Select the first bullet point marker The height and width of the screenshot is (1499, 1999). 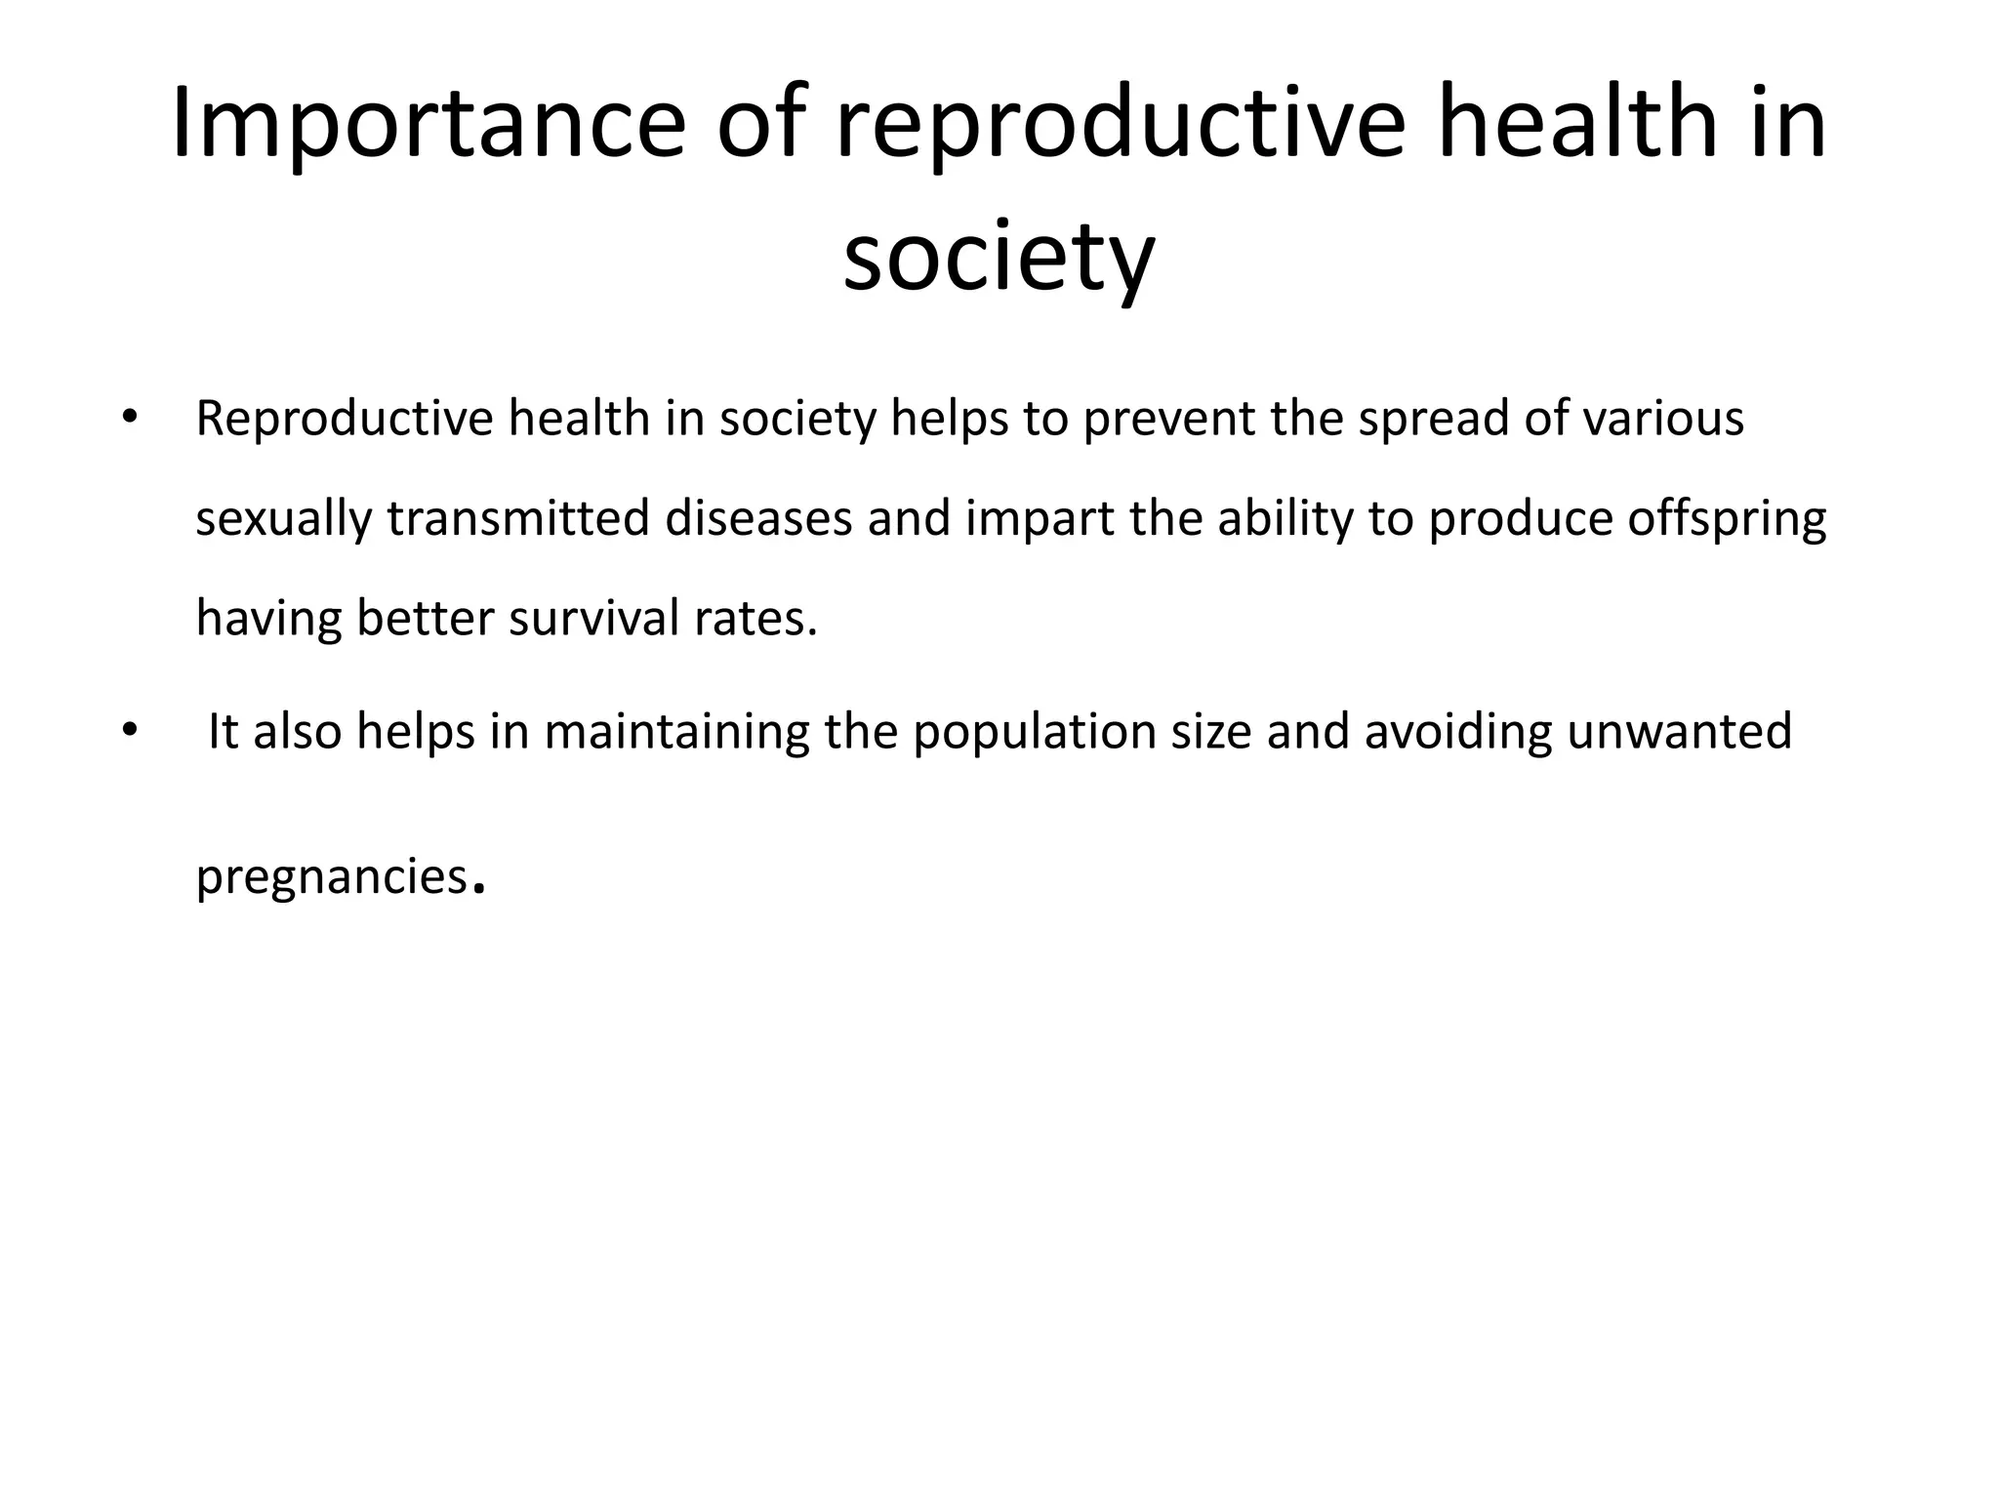point(128,419)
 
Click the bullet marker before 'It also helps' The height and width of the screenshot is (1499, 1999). point(128,732)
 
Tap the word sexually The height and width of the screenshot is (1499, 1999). point(283,520)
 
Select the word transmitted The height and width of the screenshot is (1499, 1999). point(517,518)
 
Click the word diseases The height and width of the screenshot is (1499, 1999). point(758,518)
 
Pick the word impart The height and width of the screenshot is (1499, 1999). point(1040,520)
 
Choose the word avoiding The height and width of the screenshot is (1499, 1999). point(1457,733)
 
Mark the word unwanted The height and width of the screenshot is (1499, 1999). point(1679,733)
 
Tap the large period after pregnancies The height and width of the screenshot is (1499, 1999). point(478,889)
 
